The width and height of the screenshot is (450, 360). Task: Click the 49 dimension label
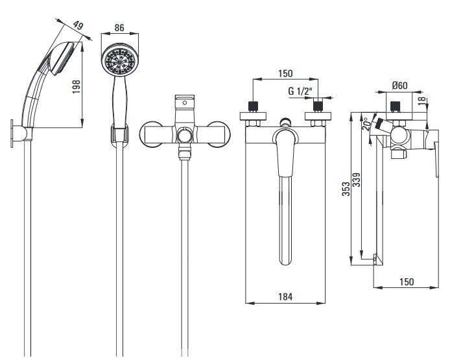tap(78, 25)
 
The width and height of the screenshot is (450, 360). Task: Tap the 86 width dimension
tap(119, 27)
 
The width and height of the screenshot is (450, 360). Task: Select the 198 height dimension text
tap(76, 86)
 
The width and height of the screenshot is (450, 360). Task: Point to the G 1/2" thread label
tap(300, 91)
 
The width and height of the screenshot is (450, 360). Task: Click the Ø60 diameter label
tap(399, 85)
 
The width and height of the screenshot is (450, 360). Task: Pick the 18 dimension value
tap(421, 101)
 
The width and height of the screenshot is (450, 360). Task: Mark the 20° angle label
tap(366, 124)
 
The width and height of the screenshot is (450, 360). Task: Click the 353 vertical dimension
tap(346, 189)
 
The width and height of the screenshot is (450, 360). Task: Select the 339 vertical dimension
tap(356, 180)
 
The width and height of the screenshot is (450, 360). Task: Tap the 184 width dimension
tap(285, 296)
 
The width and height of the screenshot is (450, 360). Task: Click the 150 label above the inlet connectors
tap(285, 73)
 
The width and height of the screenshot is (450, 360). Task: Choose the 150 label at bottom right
tap(407, 282)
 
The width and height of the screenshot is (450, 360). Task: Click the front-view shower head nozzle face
tap(120, 60)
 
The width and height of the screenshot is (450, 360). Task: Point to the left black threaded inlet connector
tap(253, 106)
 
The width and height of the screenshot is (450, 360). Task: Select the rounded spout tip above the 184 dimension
tap(285, 260)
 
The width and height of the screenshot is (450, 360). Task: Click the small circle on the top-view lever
tap(185, 102)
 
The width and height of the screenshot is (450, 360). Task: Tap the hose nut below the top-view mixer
tap(185, 152)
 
